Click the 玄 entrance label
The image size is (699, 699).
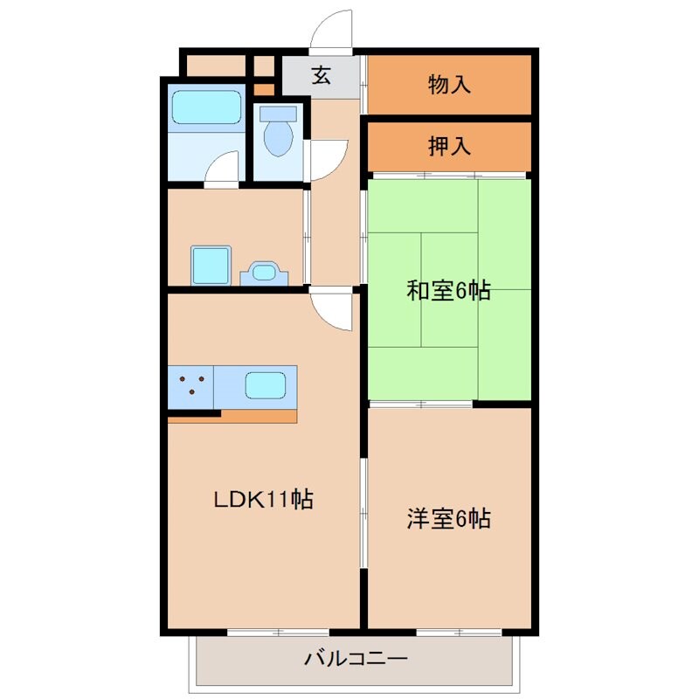coord(321,76)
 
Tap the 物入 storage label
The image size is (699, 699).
coord(450,85)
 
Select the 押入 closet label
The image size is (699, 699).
coord(450,146)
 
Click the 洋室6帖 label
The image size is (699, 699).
coord(448,519)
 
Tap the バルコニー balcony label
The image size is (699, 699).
coord(355,658)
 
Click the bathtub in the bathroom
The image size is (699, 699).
coord(205,107)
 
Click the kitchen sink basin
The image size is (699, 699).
coord(266,385)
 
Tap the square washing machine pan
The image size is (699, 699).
coord(211,265)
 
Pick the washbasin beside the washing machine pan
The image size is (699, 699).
coord(262,273)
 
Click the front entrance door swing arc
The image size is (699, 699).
coord(332,31)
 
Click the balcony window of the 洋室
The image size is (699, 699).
coord(452,631)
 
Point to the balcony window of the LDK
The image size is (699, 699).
coord(278,631)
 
